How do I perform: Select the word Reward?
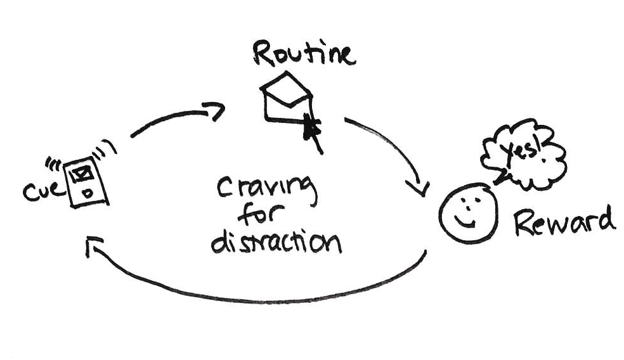coord(563,221)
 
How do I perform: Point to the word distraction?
coord(275,241)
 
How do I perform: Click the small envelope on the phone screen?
coord(82,170)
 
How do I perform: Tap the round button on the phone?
coord(89,191)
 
